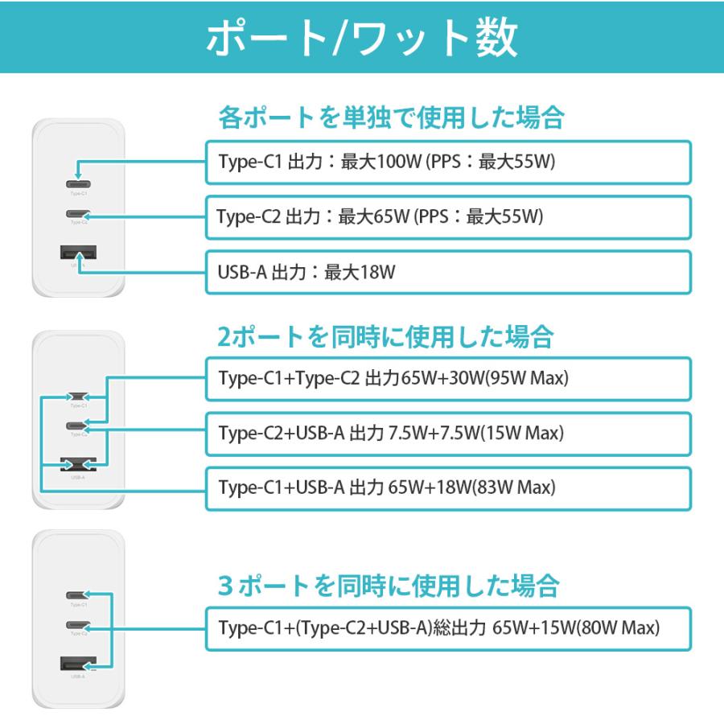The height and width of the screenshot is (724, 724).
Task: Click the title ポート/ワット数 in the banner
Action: (362, 38)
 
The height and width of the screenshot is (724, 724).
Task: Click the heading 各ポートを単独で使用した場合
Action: (391, 118)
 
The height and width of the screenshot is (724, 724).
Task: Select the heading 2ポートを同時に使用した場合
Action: (386, 335)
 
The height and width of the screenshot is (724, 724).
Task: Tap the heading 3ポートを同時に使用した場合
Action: (388, 585)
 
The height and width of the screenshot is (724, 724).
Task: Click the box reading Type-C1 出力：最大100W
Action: (448, 162)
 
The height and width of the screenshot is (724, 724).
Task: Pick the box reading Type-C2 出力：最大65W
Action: (448, 216)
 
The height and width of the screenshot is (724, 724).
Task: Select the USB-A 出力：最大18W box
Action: (448, 272)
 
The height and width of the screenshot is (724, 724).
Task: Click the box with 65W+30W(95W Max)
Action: (448, 379)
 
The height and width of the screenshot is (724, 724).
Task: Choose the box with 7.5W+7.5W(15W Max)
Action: (448, 433)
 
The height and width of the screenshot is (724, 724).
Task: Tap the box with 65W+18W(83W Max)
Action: (448, 487)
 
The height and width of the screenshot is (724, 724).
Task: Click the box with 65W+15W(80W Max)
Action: (448, 627)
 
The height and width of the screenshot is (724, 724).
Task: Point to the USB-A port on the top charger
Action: (78, 254)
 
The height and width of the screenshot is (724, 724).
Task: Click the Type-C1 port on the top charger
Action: (79, 184)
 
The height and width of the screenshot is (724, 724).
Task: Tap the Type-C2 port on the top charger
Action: (79, 214)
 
